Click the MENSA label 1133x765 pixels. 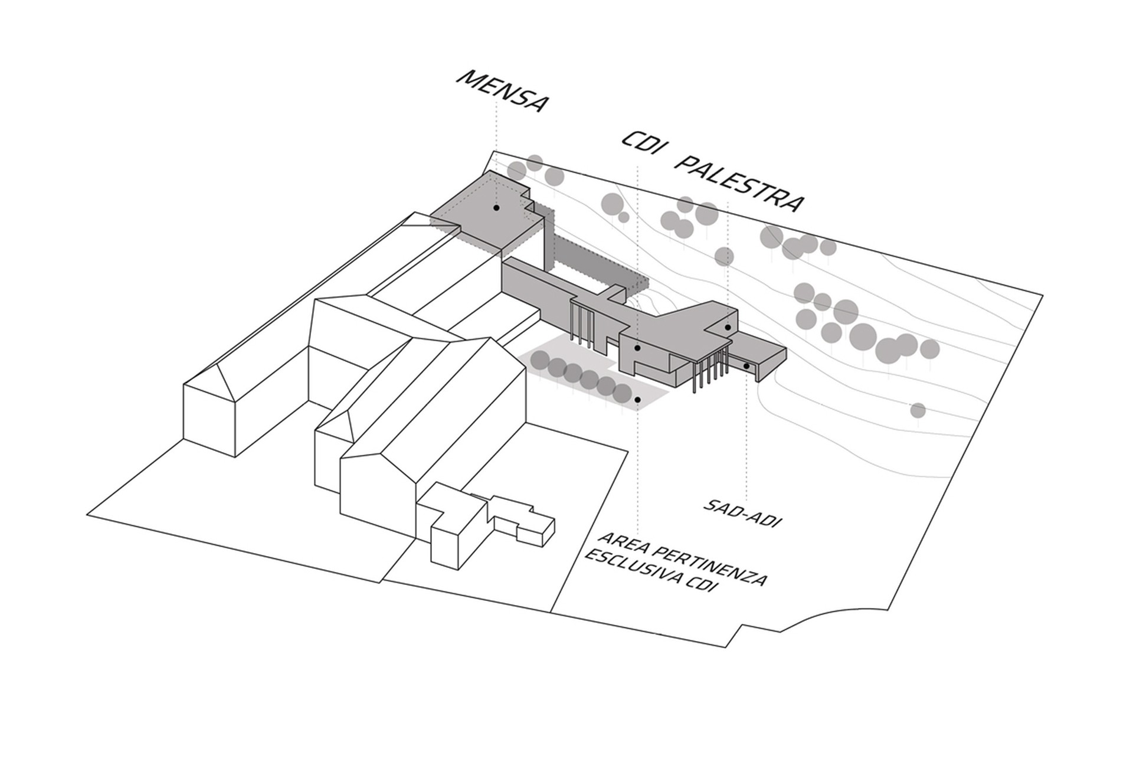pyautogui.click(x=502, y=91)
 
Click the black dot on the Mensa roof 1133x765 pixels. pyautogui.click(x=496, y=208)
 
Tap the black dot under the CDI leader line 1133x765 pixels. pyautogui.click(x=637, y=348)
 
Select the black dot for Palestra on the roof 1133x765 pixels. pyautogui.click(x=728, y=328)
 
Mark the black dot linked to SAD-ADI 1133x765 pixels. pyautogui.click(x=746, y=366)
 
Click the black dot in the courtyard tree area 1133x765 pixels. pyautogui.click(x=638, y=400)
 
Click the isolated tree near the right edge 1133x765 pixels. pyautogui.click(x=918, y=410)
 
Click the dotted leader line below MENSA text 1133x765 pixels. pyautogui.click(x=496, y=151)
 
